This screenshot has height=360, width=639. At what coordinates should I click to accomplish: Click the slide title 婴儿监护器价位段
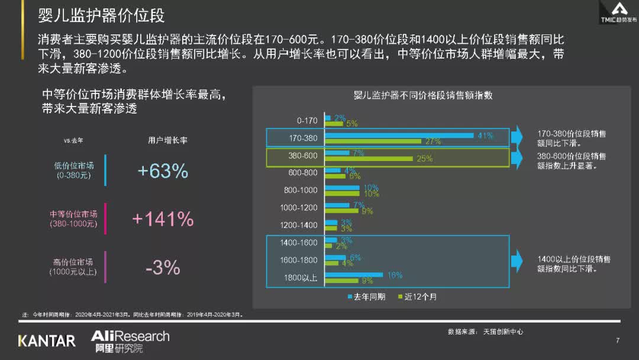[x=101, y=15]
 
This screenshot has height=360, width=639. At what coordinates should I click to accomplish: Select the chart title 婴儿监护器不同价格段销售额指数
[x=423, y=95]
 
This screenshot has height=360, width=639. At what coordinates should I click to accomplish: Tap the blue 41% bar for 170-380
[x=399, y=136]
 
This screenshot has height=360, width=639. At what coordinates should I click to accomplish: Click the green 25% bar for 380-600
[x=369, y=159]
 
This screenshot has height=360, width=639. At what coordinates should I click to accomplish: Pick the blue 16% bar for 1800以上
[x=354, y=275]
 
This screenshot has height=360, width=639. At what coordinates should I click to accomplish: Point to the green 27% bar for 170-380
[x=373, y=142]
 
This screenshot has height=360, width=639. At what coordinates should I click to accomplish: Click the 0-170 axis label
[x=307, y=121]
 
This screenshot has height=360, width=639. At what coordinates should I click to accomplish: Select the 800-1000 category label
[x=301, y=191]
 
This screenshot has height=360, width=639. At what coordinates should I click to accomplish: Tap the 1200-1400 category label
[x=299, y=226]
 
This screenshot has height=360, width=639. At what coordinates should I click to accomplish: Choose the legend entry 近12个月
[x=421, y=297]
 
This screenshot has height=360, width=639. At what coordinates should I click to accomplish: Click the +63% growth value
[x=163, y=171]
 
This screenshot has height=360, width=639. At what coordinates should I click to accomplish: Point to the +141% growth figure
[x=163, y=219]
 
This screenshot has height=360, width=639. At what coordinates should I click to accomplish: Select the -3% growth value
[x=163, y=268]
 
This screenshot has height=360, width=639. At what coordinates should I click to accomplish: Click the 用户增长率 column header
[x=167, y=141]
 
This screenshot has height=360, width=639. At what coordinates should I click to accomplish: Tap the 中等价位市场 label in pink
[x=73, y=214]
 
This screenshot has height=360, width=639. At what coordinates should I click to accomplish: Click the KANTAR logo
[x=47, y=341]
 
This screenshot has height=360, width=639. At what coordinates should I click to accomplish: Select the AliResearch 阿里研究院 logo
[x=130, y=342]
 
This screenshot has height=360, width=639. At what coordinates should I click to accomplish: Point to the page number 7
[x=618, y=340]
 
